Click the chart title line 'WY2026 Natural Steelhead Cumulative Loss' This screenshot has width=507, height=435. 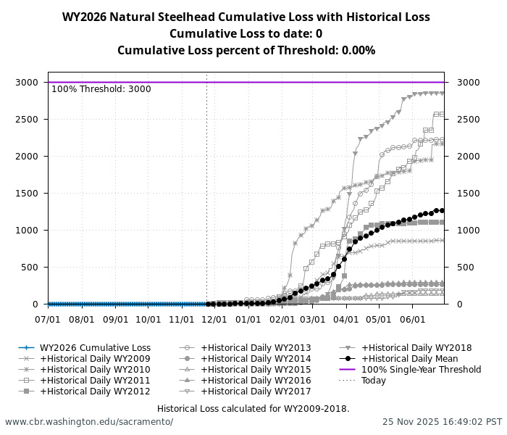pyautogui.click(x=246, y=17)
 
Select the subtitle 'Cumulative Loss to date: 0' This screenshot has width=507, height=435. pyautogui.click(x=246, y=34)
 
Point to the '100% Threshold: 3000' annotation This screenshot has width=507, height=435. pyautogui.click(x=101, y=89)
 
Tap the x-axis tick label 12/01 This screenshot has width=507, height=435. pyautogui.click(x=214, y=319)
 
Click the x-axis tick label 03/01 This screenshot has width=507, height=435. pyautogui.click(x=313, y=319)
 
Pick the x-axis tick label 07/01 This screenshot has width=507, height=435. pyautogui.click(x=49, y=319)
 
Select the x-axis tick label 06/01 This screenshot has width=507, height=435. pyautogui.click(x=413, y=319)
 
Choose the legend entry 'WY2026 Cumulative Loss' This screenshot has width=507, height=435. pyautogui.click(x=95, y=348)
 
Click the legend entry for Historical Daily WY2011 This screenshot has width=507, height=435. pyautogui.click(x=95, y=381)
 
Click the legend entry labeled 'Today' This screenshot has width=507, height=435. pyautogui.click(x=374, y=381)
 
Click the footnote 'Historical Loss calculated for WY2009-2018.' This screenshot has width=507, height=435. pyautogui.click(x=253, y=409)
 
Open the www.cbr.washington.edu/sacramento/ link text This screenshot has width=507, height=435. pyautogui.click(x=89, y=422)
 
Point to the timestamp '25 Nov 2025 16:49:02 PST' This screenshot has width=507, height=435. pyautogui.click(x=442, y=422)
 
